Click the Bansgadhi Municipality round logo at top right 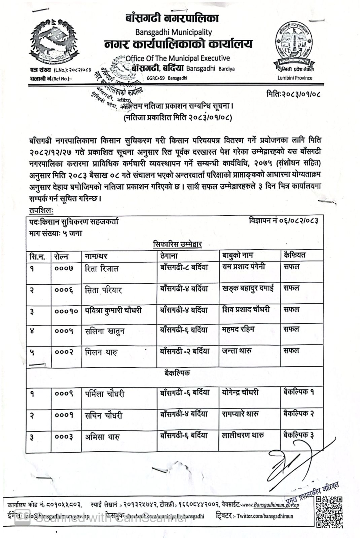pos(295,45)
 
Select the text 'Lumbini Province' pos(295,78)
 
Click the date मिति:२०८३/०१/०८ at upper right pos(293,94)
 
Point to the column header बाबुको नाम pos(238,255)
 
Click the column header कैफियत pos(295,255)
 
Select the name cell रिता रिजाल pos(102,269)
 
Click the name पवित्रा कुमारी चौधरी pos(113,310)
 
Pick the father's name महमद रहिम pos(238,330)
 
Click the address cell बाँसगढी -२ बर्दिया pos(185,351)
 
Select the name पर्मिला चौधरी pos(105,394)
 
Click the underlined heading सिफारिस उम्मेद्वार pos(177,244)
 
